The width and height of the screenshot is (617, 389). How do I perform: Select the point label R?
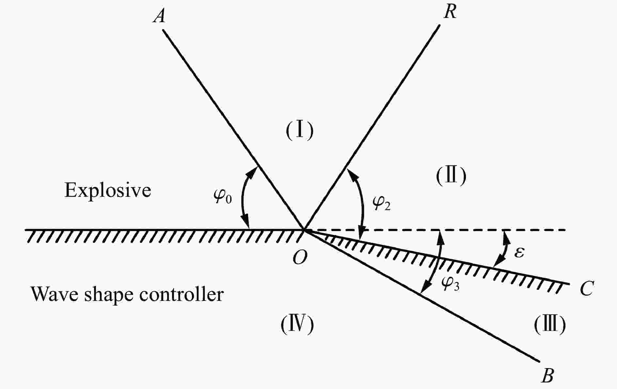pyautogui.click(x=450, y=12)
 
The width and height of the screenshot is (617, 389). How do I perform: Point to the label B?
pyautogui.click(x=547, y=376)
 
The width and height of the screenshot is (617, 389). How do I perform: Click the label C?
pyautogui.click(x=587, y=288)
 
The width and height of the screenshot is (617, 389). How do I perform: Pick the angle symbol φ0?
pyautogui.click(x=223, y=196)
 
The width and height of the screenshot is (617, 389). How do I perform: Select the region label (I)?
pyautogui.click(x=299, y=130)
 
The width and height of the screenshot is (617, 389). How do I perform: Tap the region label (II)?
pyautogui.click(x=451, y=176)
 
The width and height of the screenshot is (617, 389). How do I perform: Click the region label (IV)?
pyautogui.click(x=297, y=325)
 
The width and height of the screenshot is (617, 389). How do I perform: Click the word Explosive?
pyautogui.click(x=108, y=190)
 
